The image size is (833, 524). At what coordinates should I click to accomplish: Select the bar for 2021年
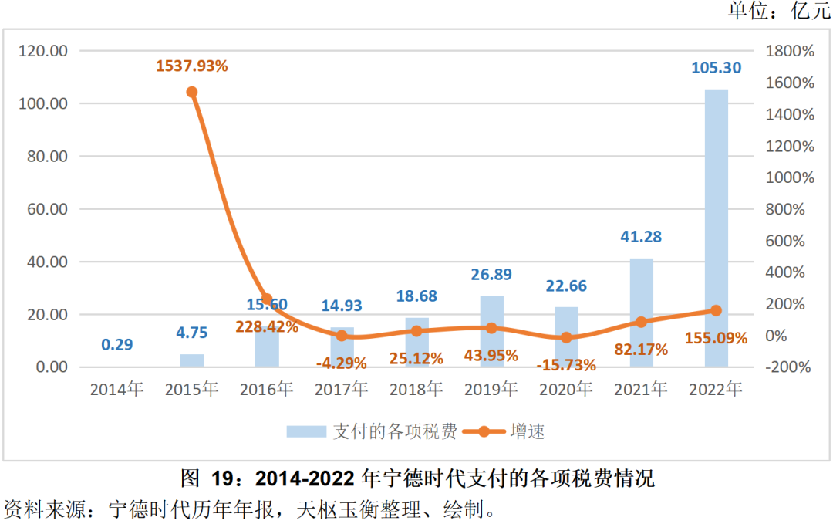(642, 313)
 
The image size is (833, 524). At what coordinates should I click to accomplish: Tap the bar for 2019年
(491, 332)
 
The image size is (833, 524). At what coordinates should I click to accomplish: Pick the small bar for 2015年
(192, 360)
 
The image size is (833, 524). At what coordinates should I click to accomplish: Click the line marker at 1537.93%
(192, 92)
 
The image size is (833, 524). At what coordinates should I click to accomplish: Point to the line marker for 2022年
(716, 310)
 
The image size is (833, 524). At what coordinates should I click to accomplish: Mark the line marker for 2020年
(566, 337)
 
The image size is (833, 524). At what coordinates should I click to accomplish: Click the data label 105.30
(717, 68)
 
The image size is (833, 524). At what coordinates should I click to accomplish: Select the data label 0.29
(117, 344)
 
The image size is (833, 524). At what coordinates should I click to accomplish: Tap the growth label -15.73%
(566, 364)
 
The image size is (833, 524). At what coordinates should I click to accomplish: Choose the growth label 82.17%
(641, 349)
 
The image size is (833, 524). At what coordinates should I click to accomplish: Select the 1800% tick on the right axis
(790, 51)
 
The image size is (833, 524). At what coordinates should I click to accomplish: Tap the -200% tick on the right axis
(787, 367)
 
